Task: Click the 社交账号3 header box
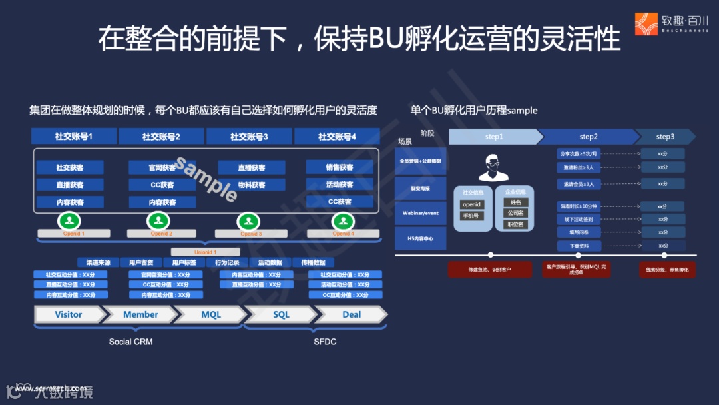click(x=249, y=137)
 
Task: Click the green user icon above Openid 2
click(x=158, y=220)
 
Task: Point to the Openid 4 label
click(x=342, y=234)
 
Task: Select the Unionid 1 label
click(x=204, y=252)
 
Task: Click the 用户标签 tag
click(x=184, y=262)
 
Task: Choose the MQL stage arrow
click(x=210, y=314)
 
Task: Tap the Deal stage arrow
click(x=351, y=314)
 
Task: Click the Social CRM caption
click(x=130, y=342)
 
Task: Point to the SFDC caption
click(x=325, y=342)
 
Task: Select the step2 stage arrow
click(x=588, y=137)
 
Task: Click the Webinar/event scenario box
click(x=420, y=213)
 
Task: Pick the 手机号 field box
click(x=471, y=216)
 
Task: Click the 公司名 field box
click(x=515, y=213)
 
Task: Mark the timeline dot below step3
click(x=664, y=255)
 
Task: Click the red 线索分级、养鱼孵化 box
click(x=667, y=270)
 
